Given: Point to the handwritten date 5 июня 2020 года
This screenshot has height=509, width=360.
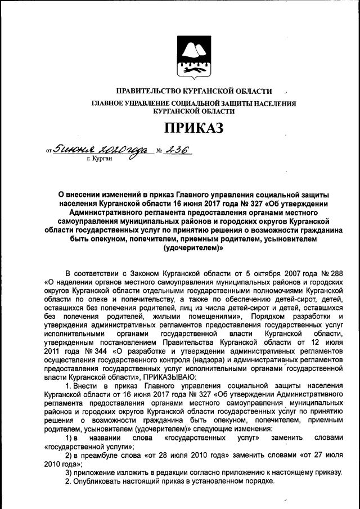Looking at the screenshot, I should [98, 150].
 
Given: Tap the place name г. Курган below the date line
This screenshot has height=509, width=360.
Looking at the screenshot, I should [100, 160].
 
